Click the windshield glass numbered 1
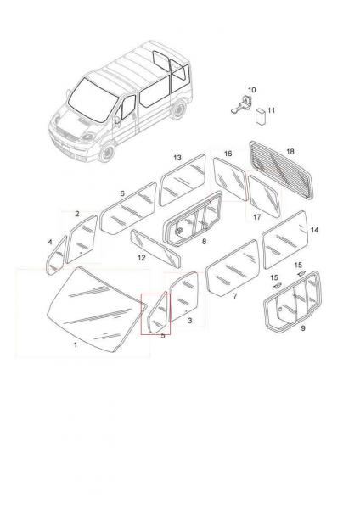[x=94, y=309]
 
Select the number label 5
[x=163, y=336]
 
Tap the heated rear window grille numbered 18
[x=282, y=170]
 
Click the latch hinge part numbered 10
[x=242, y=103]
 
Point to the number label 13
[x=177, y=158]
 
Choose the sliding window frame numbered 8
[x=193, y=219]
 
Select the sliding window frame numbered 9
[x=292, y=302]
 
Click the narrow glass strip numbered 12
[x=155, y=249]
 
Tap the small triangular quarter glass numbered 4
[x=57, y=256]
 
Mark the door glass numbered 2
[x=82, y=239]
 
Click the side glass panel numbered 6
[x=128, y=209]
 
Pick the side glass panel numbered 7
[x=233, y=267]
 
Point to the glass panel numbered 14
[x=284, y=239]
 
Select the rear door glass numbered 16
[x=230, y=179]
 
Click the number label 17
[x=257, y=216]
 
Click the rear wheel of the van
[x=178, y=109]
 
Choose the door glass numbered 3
[x=184, y=297]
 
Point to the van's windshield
[x=93, y=99]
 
